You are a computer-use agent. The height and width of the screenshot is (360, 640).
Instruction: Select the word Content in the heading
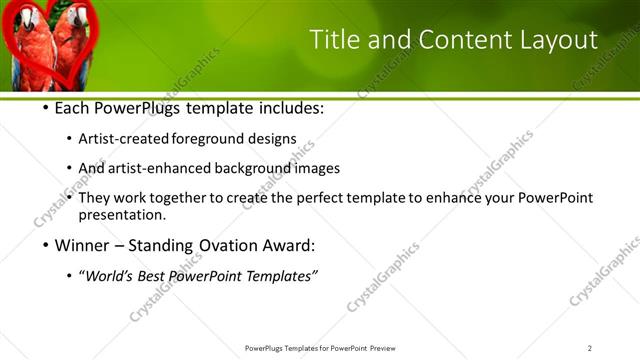point(447,39)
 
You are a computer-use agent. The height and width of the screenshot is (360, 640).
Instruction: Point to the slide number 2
point(589,348)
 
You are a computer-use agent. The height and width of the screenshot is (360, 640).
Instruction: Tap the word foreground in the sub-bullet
point(208,138)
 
